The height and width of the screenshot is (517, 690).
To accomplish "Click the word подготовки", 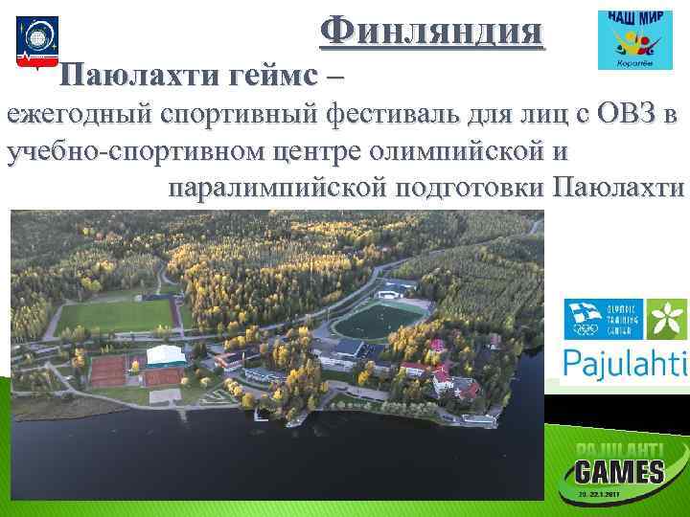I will click(466, 185).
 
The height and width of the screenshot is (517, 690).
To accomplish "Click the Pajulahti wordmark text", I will click(625, 363).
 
